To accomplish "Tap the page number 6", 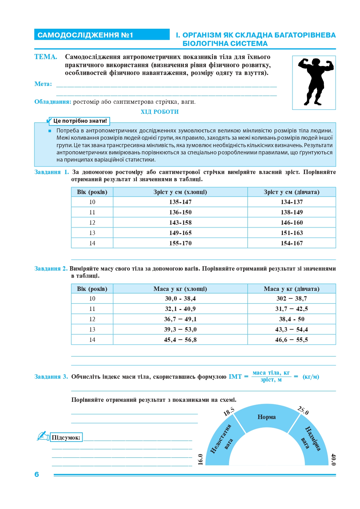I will [x=37, y=474].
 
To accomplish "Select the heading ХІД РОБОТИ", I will [x=159, y=112].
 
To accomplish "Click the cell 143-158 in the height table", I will [x=180, y=222].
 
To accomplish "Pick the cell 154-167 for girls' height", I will [x=292, y=243].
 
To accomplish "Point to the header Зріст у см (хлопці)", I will [x=180, y=192].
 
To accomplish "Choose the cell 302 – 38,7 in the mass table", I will [x=292, y=298].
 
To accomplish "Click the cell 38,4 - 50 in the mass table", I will [x=292, y=319].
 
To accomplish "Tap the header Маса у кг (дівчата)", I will [x=292, y=289].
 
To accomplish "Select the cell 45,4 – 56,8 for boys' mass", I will [x=180, y=340].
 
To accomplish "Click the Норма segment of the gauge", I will [x=267, y=417].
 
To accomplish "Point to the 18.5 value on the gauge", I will [x=229, y=412].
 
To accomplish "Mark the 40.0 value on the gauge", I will [x=333, y=460].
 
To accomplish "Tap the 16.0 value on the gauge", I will [x=201, y=460].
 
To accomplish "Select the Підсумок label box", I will [x=66, y=437].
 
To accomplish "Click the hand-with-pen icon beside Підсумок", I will [x=43, y=436].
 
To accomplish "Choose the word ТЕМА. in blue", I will [x=46, y=57].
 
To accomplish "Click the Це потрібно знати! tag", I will [x=80, y=121].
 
